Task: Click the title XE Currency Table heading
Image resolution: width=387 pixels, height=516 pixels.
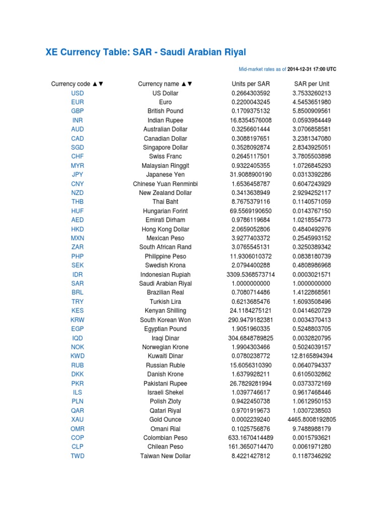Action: pyautogui.click(x=146, y=52)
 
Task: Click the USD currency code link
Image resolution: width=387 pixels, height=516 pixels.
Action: pyautogui.click(x=78, y=93)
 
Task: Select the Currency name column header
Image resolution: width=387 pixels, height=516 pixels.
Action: pyautogui.click(x=165, y=84)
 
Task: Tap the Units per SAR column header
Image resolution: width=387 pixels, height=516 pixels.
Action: pyautogui.click(x=251, y=84)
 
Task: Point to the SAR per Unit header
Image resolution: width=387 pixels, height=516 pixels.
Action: pyautogui.click(x=312, y=84)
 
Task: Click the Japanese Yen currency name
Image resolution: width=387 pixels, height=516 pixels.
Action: pyautogui.click(x=165, y=175)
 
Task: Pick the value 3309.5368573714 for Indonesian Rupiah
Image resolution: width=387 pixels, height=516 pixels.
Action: pyautogui.click(x=251, y=275)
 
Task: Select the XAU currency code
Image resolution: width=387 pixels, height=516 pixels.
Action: pyautogui.click(x=78, y=420)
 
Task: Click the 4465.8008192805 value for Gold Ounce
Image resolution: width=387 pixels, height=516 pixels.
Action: pyautogui.click(x=312, y=420)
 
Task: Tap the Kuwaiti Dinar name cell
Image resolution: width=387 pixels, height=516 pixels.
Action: pyautogui.click(x=165, y=356)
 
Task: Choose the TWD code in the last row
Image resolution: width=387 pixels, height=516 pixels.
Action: pyautogui.click(x=78, y=456)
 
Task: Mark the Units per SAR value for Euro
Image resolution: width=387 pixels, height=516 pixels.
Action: pyautogui.click(x=251, y=102)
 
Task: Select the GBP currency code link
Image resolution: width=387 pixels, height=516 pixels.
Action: pyautogui.click(x=78, y=111)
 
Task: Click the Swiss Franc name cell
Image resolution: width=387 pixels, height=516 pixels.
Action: pyautogui.click(x=165, y=157)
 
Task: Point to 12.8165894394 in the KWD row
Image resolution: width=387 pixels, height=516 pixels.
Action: pyautogui.click(x=312, y=356)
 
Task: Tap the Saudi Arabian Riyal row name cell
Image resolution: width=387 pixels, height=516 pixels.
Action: pyautogui.click(x=165, y=284)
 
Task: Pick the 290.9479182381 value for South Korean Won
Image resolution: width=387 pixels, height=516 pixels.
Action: pyautogui.click(x=251, y=320)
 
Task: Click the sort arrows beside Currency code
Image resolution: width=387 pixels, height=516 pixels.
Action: pyautogui.click(x=98, y=84)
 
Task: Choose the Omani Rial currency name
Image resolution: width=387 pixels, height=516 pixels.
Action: pyautogui.click(x=165, y=429)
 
